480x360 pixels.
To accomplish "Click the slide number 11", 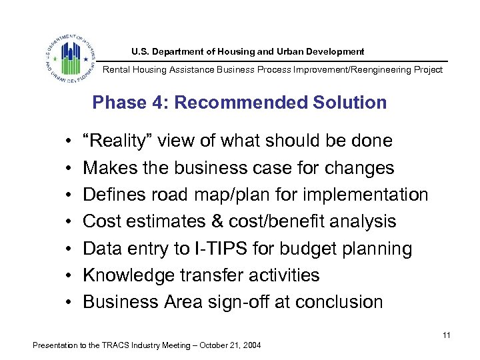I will [446, 335].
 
